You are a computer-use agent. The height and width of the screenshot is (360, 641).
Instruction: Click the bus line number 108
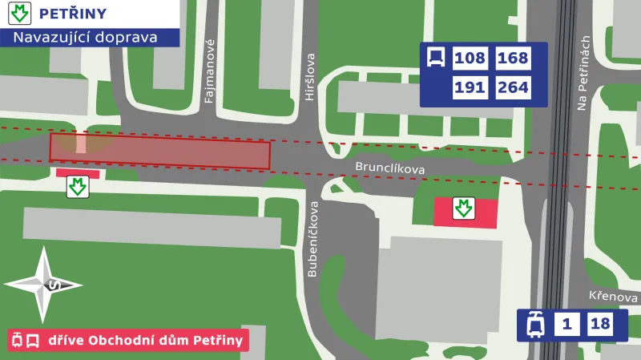coord(470,59)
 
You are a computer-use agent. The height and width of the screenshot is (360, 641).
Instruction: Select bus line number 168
coord(513,59)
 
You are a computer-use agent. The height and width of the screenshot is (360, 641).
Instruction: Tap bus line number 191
coord(470,88)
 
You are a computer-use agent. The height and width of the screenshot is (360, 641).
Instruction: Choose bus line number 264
coord(513,88)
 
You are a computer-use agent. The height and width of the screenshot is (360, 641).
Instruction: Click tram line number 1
coord(567,325)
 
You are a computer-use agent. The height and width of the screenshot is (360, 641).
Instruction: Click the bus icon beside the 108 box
coord(436,58)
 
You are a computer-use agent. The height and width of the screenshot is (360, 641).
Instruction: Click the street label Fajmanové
coord(210,72)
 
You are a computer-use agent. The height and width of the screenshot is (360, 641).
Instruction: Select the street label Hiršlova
coord(310,78)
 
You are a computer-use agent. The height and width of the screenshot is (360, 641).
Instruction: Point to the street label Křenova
coord(612,296)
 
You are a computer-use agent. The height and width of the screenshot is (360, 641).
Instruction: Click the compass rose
coord(44,285)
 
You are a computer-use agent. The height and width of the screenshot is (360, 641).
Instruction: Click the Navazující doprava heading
coord(84,37)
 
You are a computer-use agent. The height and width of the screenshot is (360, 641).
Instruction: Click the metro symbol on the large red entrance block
coord(463,208)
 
